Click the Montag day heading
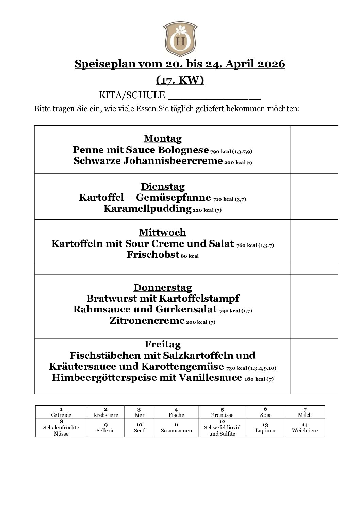coord(163,139)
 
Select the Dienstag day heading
coord(163,187)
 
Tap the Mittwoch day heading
coord(163,233)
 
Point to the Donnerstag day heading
coord(163,288)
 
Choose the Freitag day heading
coord(163,344)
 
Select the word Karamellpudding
coord(147,209)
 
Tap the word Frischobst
coord(153,255)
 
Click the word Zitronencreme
coord(147,321)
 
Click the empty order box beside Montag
coord(314,150)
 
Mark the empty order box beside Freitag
coord(314,366)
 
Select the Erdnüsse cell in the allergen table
coord(222,412)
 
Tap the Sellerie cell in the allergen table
coord(105,428)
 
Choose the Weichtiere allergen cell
coord(305,428)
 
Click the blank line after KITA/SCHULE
coord(214,95)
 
